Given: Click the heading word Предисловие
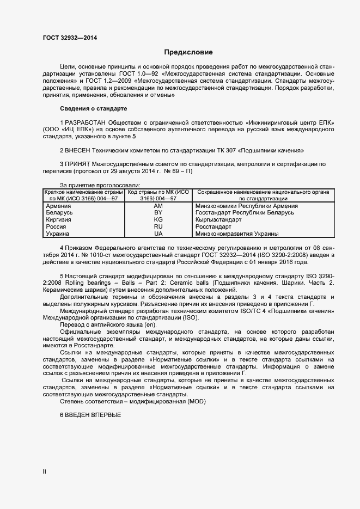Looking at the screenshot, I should click(188, 52).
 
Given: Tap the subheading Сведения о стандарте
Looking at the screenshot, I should click(93, 109).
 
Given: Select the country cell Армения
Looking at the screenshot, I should click(58, 206).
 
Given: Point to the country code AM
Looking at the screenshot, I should click(158, 206).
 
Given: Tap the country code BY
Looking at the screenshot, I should click(158, 213).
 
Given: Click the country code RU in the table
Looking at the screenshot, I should click(158, 226).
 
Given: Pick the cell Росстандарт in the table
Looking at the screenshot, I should click(213, 226).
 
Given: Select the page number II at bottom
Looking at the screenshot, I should click(45, 472).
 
